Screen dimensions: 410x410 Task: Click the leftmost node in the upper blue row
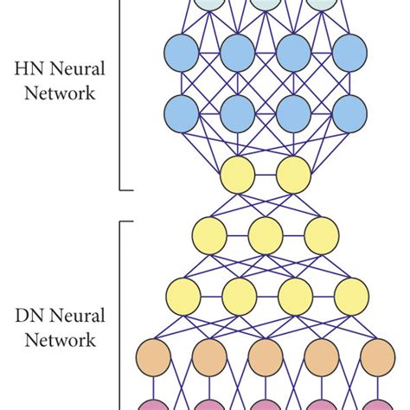[181, 54]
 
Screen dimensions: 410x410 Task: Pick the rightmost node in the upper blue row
[350, 54]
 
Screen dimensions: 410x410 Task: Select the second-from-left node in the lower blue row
[238, 113]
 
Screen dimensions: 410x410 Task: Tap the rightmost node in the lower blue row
[350, 113]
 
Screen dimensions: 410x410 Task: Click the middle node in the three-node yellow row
[266, 234]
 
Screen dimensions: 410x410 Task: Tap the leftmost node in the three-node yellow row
[209, 234]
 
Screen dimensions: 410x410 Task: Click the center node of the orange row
[266, 356]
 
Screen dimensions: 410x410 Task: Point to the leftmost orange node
[153, 356]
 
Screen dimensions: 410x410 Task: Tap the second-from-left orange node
[209, 356]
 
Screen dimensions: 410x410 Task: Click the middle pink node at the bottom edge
[266, 404]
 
